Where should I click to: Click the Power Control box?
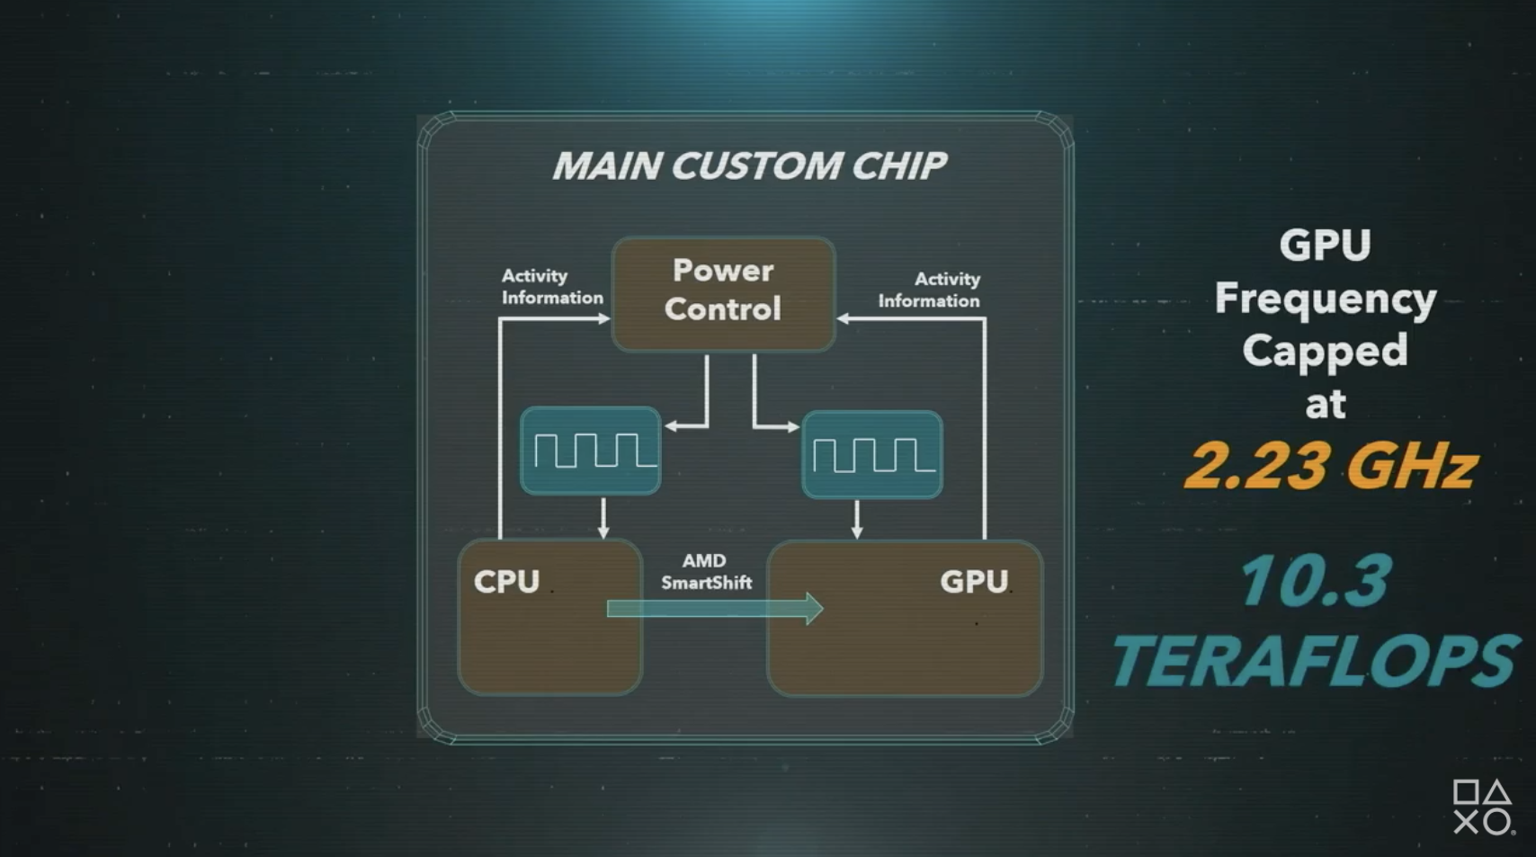pyautogui.click(x=723, y=293)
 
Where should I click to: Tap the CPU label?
pyautogui.click(x=506, y=582)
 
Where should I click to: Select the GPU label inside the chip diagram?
pyautogui.click(x=973, y=582)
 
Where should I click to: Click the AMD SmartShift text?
pyautogui.click(x=706, y=572)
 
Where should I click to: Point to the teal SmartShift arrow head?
pyautogui.click(x=813, y=609)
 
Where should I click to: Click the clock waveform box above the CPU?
pyautogui.click(x=590, y=450)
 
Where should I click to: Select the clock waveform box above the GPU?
pyautogui.click(x=871, y=454)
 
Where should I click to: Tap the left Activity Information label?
pyautogui.click(x=551, y=287)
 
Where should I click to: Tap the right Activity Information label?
pyautogui.click(x=929, y=290)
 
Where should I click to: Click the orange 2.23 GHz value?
pyautogui.click(x=1330, y=466)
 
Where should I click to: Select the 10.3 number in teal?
pyautogui.click(x=1314, y=580)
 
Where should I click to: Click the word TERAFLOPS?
pyautogui.click(x=1315, y=661)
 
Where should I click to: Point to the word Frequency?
pyautogui.click(x=1325, y=299)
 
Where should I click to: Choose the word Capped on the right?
pyautogui.click(x=1325, y=351)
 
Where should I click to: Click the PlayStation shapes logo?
pyautogui.click(x=1482, y=807)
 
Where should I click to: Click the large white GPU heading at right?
pyautogui.click(x=1325, y=245)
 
